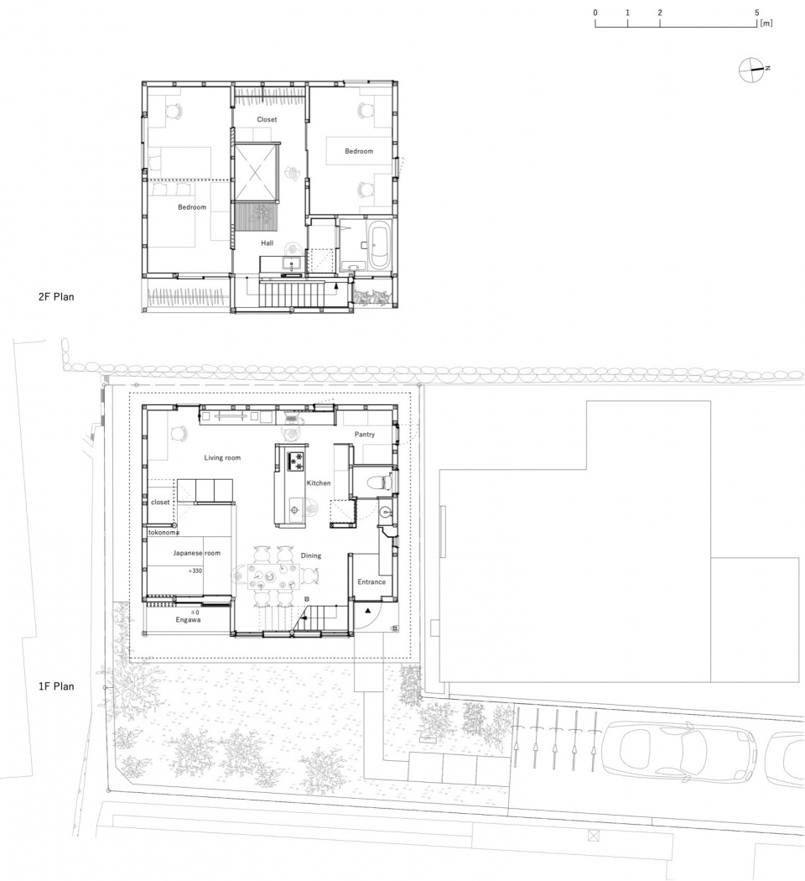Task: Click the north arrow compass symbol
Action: point(751,70)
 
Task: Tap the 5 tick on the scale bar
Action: point(756,13)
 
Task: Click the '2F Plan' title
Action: point(56,297)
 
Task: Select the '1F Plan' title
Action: point(56,686)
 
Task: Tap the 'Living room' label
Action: point(222,458)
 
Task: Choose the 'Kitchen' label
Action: point(319,483)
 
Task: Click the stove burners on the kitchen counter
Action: point(296,461)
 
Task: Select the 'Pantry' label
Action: point(364,435)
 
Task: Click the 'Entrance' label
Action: point(371,581)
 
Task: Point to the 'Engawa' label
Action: point(188,620)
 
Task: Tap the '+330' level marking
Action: point(195,571)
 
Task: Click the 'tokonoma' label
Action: point(164,532)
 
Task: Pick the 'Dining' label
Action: point(310,555)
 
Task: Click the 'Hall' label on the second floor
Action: point(267,242)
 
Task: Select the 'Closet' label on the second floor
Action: point(267,119)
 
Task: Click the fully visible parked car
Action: point(679,751)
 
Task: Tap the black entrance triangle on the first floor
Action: point(367,610)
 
